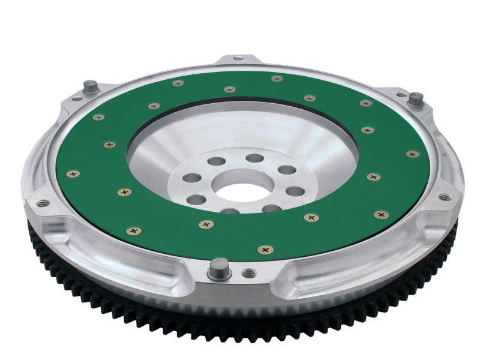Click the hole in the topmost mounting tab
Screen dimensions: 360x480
click(x=238, y=58)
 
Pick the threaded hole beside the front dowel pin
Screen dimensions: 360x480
click(x=246, y=274)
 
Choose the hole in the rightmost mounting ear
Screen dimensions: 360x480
click(x=444, y=196)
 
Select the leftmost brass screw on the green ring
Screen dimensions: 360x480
click(x=73, y=174)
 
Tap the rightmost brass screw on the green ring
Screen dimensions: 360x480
click(x=412, y=154)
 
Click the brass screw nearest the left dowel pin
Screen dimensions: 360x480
click(x=98, y=118)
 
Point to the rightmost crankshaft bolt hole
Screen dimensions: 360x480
click(x=295, y=192)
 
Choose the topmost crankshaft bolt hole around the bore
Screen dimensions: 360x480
click(x=255, y=158)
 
